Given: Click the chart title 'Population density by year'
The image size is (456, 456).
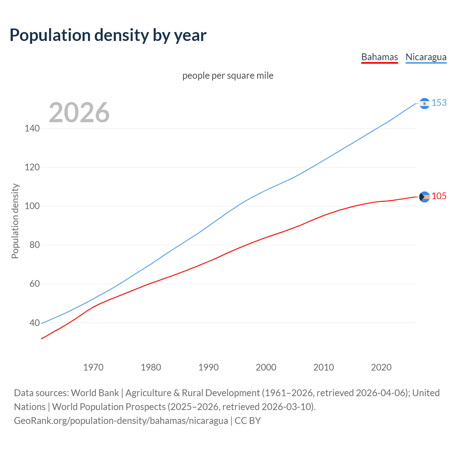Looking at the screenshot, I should [x=108, y=35].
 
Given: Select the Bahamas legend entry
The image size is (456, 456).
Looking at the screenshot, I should [x=379, y=57].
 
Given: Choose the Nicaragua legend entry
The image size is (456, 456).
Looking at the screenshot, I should [x=426, y=57].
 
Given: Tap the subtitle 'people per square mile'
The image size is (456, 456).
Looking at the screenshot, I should [x=228, y=76].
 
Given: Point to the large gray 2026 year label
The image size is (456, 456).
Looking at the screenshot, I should [x=79, y=113].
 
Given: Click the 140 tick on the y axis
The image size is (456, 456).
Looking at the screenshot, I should [x=32, y=128].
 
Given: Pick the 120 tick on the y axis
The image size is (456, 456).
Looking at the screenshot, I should [x=32, y=167].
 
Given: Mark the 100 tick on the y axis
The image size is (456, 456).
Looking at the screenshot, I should [x=32, y=206].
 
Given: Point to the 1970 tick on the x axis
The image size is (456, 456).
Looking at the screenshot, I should [x=93, y=367].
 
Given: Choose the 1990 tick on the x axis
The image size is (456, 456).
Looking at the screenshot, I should [x=208, y=367].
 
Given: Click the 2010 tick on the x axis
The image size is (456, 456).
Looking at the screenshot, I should [x=323, y=367].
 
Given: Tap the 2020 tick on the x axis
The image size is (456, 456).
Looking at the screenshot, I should [x=381, y=367].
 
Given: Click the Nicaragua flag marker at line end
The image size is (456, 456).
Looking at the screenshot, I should [x=424, y=103].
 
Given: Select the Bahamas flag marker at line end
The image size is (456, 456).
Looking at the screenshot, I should [x=424, y=197].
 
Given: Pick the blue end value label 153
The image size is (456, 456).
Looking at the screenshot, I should [x=439, y=103].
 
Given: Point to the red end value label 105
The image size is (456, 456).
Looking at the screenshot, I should [x=439, y=196].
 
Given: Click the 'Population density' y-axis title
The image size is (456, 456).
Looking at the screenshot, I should [x=15, y=221].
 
